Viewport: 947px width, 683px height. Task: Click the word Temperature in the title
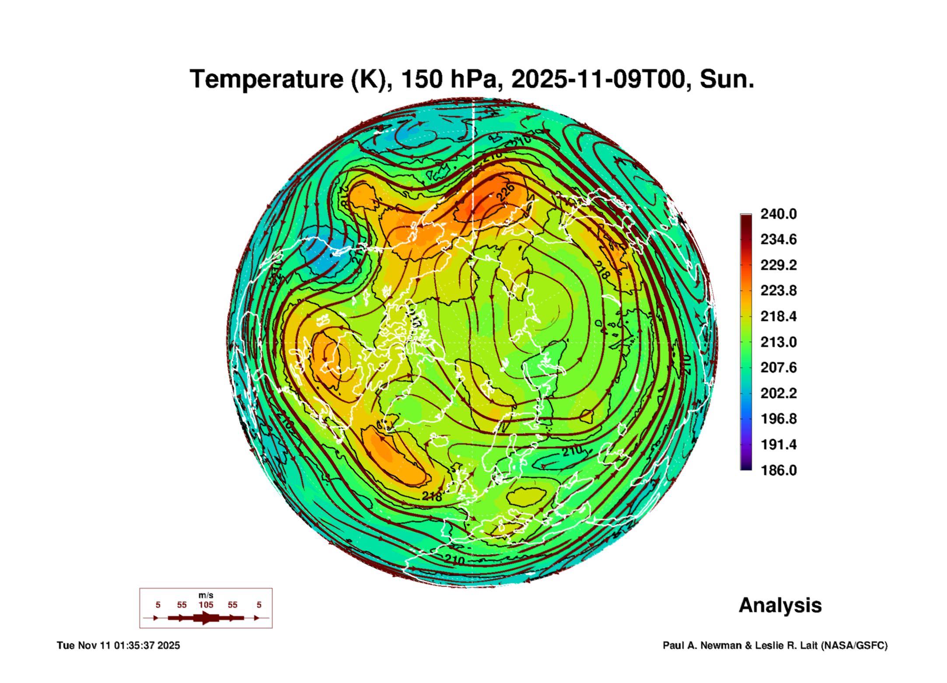267,79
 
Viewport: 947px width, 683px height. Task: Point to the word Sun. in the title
727,79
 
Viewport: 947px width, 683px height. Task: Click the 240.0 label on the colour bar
778,214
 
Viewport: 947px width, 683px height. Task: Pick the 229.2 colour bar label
778,265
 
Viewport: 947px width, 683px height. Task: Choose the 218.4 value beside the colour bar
778,316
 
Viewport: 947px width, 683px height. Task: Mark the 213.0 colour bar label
778,342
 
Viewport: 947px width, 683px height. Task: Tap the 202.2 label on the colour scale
778,393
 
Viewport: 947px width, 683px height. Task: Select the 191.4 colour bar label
778,445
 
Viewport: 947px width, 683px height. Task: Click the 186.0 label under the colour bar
778,470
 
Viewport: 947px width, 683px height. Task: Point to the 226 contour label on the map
505,193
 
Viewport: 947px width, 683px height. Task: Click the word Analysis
780,605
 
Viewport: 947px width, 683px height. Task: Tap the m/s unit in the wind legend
206,595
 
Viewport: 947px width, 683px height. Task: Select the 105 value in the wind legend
206,605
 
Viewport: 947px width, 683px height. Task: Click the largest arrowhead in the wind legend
206,618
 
